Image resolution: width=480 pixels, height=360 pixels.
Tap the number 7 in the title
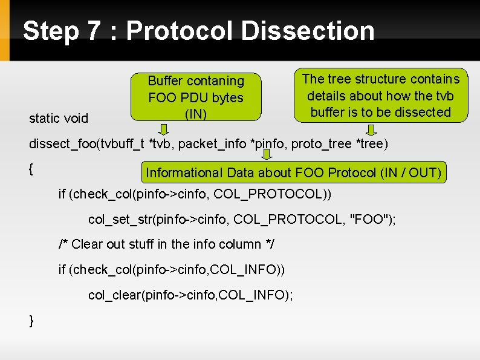92,31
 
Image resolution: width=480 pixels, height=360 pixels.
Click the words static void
59,118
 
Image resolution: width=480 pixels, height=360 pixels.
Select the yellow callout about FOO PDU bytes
196,97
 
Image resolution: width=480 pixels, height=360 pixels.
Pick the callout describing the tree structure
380,96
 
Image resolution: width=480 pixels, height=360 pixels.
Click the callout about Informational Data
294,172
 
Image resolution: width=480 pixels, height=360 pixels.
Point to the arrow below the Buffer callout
164,128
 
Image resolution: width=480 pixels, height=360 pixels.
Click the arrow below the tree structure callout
372,129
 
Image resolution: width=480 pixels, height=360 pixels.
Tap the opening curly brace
31,169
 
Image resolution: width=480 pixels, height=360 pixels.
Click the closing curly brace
31,321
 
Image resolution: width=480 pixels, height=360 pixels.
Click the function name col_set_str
120,219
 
